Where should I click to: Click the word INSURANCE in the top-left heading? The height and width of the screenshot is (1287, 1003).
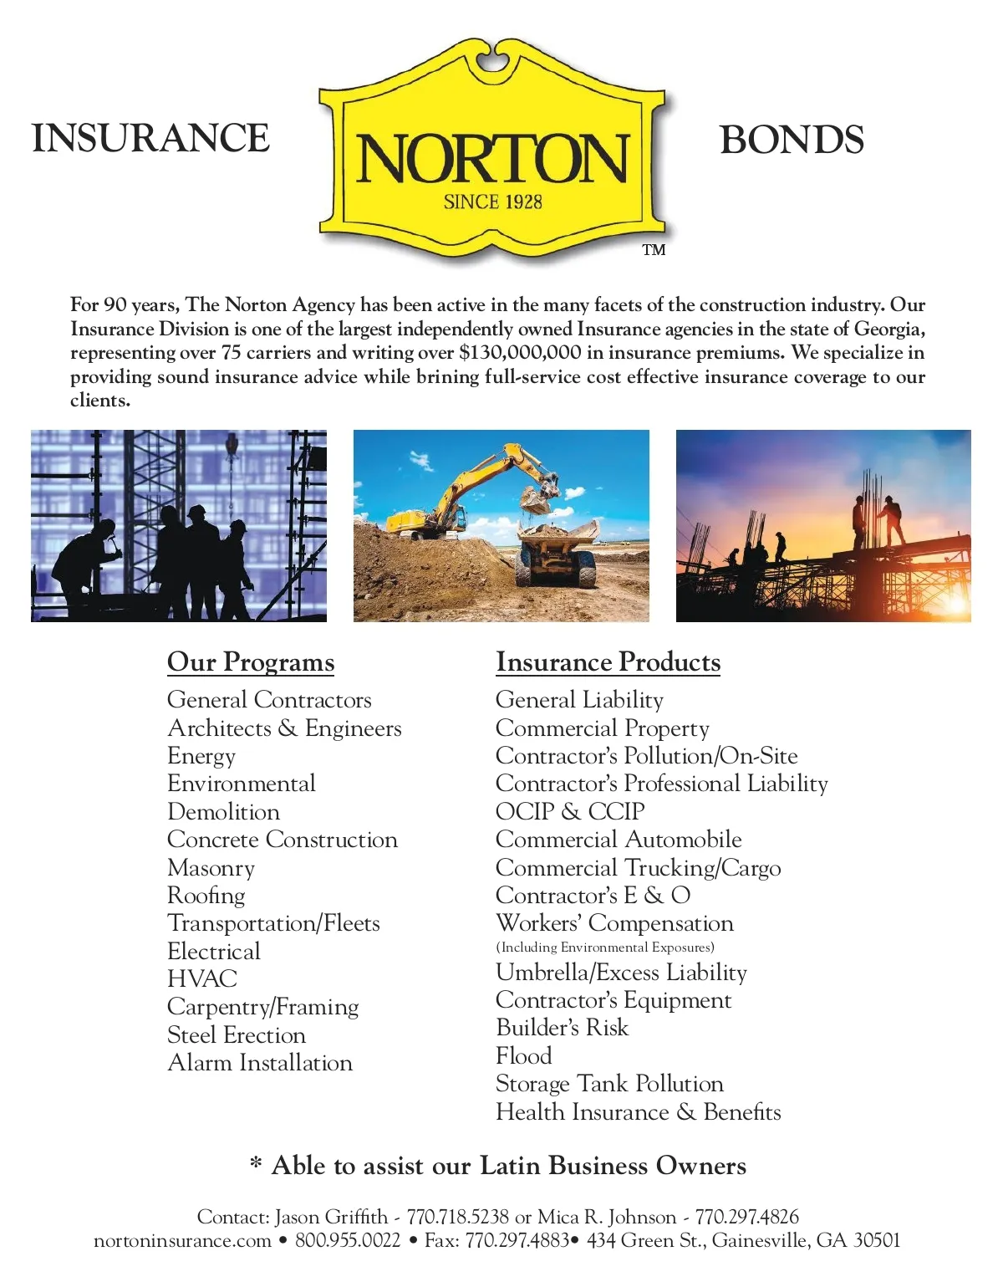click(150, 139)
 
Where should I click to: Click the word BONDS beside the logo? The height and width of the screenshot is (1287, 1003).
click(792, 140)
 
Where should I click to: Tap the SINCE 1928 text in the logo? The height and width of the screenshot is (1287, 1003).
click(492, 202)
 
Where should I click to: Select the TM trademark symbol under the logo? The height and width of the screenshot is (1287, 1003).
click(654, 250)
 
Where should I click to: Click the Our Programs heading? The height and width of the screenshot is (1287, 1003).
click(251, 662)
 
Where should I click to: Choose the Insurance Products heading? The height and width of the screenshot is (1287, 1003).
click(608, 662)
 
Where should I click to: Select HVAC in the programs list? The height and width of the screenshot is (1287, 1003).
click(202, 979)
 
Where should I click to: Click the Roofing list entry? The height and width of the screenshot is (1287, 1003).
click(206, 896)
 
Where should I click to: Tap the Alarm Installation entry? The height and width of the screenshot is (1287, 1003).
click(260, 1063)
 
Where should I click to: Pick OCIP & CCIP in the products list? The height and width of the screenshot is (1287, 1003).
click(570, 811)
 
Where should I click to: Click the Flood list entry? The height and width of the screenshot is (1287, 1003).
click(524, 1055)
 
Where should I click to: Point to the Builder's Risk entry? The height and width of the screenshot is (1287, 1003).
click(562, 1028)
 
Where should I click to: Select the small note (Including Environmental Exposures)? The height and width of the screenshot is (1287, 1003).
click(605, 947)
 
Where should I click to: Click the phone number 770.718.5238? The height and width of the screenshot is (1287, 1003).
click(458, 1217)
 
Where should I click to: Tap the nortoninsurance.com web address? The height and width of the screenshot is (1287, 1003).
click(182, 1240)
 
